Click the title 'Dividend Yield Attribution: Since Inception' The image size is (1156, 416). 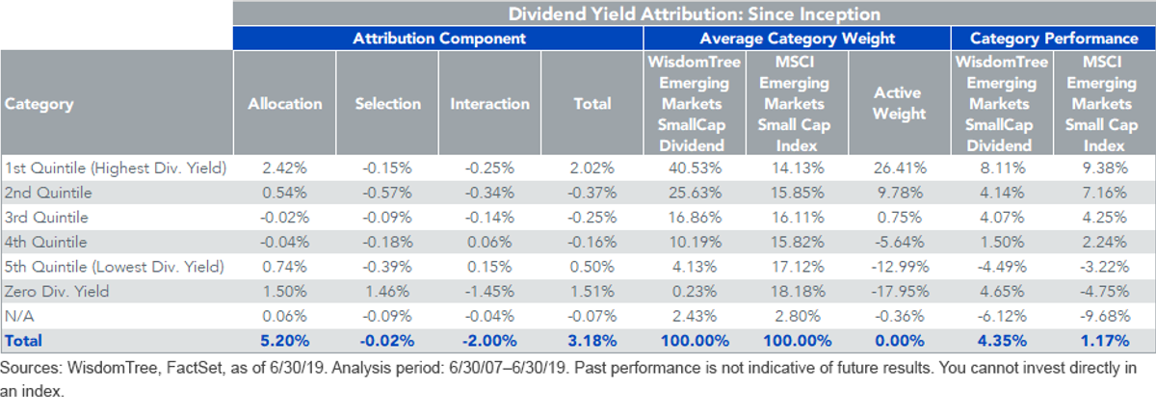(x=695, y=13)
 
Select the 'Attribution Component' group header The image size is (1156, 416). (x=439, y=39)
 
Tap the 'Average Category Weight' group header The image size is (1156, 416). (x=798, y=39)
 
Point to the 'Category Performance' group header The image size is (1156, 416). (x=1054, y=39)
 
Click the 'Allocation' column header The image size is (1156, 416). (x=285, y=104)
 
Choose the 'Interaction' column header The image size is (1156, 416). (x=489, y=104)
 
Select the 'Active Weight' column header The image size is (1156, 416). (x=899, y=103)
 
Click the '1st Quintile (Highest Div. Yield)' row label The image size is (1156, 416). (x=116, y=169)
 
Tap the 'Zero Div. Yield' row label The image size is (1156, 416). (x=57, y=292)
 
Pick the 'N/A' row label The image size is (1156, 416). (x=19, y=316)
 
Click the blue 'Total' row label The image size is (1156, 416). (x=23, y=341)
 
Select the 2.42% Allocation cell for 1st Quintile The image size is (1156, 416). (x=284, y=169)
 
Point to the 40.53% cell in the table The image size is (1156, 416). (x=695, y=169)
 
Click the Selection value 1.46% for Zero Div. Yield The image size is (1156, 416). (x=387, y=292)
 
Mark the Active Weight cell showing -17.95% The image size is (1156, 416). (x=900, y=292)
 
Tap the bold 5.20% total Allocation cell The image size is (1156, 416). (x=285, y=341)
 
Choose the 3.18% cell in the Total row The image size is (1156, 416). (x=591, y=341)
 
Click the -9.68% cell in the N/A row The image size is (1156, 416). (x=1105, y=316)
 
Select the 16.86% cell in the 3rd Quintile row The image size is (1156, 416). (x=695, y=218)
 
